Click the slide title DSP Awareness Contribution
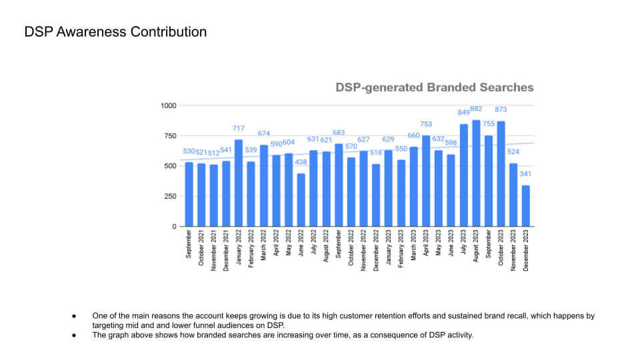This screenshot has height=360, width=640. pyautogui.click(x=115, y=32)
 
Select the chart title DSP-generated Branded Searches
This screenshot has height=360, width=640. pyautogui.click(x=434, y=88)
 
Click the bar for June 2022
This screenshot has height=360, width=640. pyautogui.click(x=301, y=200)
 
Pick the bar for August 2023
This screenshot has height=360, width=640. pyautogui.click(x=476, y=173)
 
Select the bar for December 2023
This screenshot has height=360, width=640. pyautogui.click(x=526, y=206)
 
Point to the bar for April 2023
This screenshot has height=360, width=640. pyautogui.click(x=426, y=181)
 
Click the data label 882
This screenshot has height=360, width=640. pyautogui.click(x=476, y=109)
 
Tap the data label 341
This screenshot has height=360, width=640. pyautogui.click(x=526, y=175)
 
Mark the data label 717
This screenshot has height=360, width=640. pyautogui.click(x=239, y=129)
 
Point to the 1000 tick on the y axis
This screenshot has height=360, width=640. pyautogui.click(x=169, y=105)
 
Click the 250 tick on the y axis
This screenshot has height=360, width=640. pyautogui.click(x=171, y=196)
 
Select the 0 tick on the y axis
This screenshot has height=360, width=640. pyautogui.click(x=175, y=227)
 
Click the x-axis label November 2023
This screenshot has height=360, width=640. pyautogui.click(x=513, y=249)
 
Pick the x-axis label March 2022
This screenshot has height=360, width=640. pyautogui.click(x=264, y=246)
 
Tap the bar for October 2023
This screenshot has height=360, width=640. pyautogui.click(x=501, y=174)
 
